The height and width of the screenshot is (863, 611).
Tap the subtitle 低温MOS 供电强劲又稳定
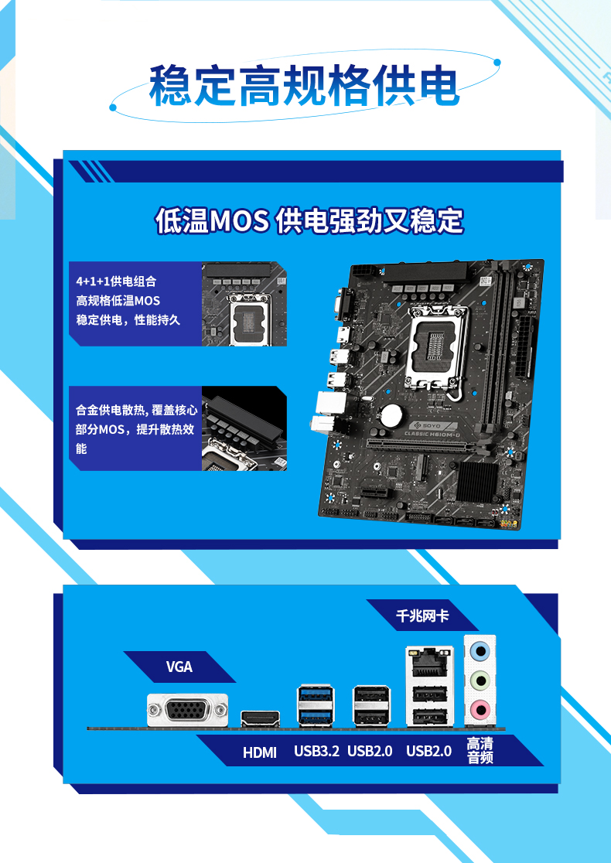pyautogui.click(x=309, y=220)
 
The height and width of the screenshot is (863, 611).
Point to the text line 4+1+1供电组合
pyautogui.click(x=116, y=281)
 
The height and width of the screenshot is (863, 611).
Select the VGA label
pyautogui.click(x=179, y=667)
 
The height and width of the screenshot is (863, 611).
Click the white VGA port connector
pyautogui.click(x=188, y=709)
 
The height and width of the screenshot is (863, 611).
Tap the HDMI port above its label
pyautogui.click(x=261, y=718)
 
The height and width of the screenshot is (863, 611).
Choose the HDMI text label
pyautogui.click(x=260, y=752)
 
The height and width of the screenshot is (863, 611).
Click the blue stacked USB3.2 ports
pyautogui.click(x=316, y=705)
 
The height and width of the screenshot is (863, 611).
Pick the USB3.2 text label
pyautogui.click(x=316, y=751)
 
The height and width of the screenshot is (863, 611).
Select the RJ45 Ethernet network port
pyautogui.click(x=430, y=663)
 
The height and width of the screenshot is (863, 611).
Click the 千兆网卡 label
pyautogui.click(x=422, y=616)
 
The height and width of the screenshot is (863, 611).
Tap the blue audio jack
pyautogui.click(x=480, y=652)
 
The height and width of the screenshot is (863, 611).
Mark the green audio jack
pyautogui.click(x=480, y=681)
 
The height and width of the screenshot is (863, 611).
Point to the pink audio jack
pyautogui.click(x=480, y=709)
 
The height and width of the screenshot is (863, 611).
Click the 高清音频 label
pyautogui.click(x=480, y=751)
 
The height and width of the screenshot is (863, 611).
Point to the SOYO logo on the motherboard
pyautogui.click(x=426, y=426)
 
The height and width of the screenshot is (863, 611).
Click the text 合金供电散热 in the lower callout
pyautogui.click(x=111, y=410)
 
